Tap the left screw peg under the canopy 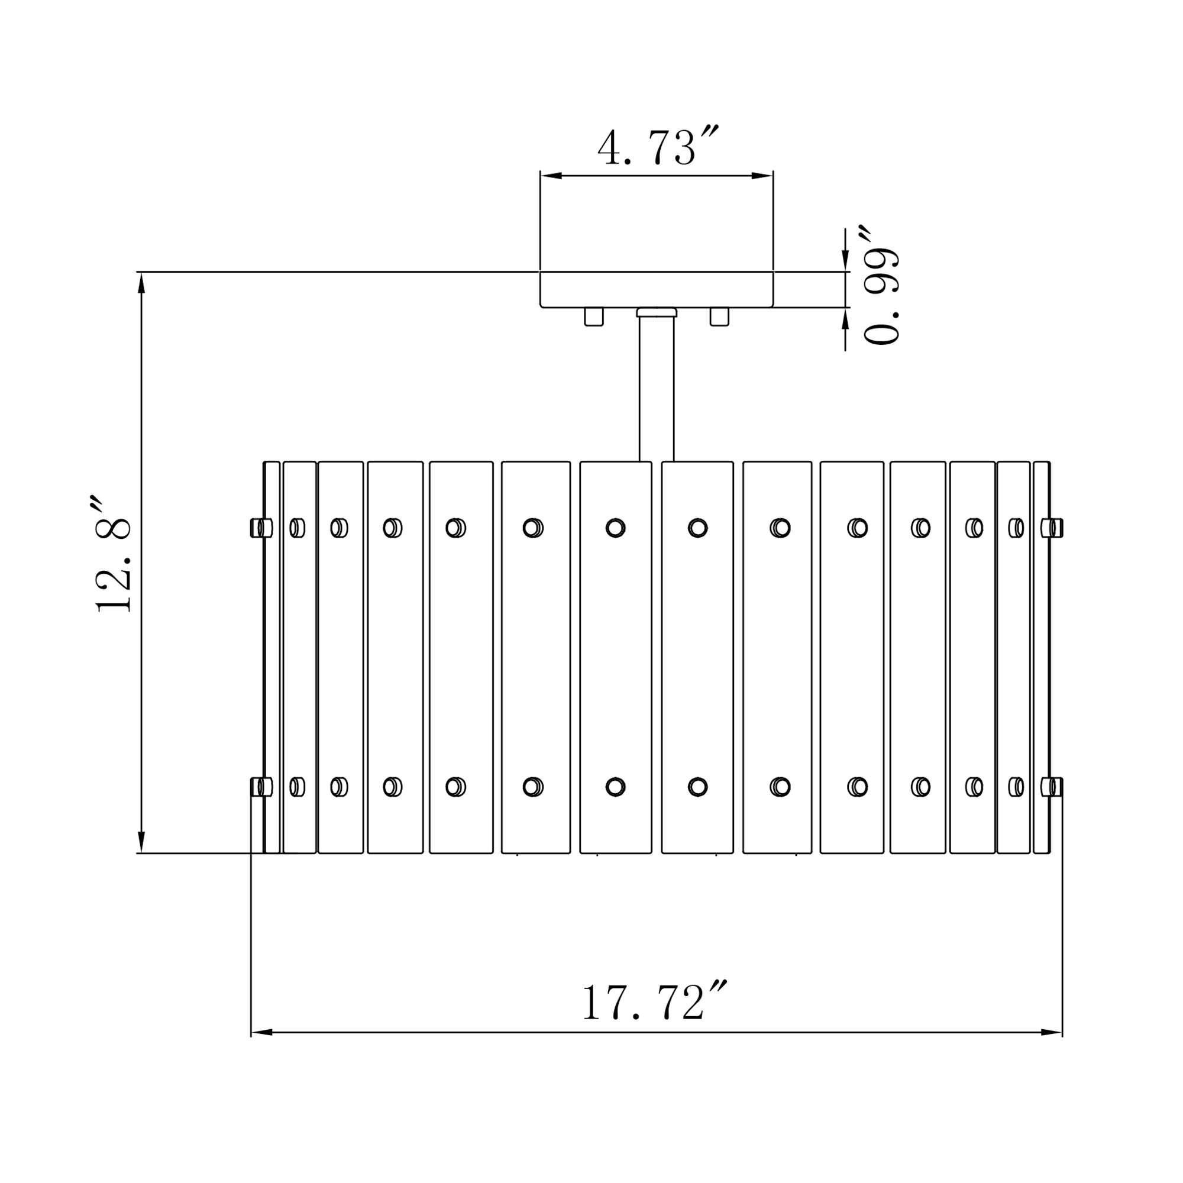pos(593,316)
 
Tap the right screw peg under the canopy pos(719,316)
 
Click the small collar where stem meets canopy pos(657,312)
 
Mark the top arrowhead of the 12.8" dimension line pos(141,283)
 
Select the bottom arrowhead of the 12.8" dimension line pos(141,841)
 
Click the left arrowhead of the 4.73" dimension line pos(551,176)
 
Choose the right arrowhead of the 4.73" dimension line pos(762,176)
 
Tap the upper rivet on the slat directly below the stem pos(615,527)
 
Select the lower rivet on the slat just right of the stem pos(697,787)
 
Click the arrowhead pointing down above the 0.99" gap pos(846,261)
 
